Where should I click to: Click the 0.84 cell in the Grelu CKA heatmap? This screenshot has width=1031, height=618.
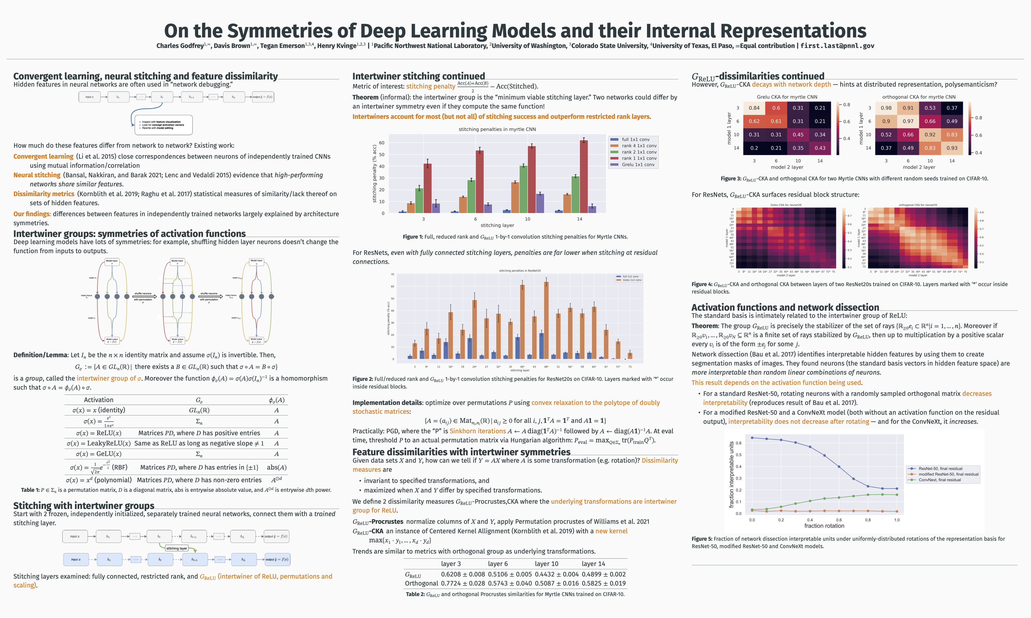click(754, 108)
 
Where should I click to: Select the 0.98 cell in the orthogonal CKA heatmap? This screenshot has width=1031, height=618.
click(886, 108)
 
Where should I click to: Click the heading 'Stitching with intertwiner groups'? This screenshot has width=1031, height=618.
click(84, 506)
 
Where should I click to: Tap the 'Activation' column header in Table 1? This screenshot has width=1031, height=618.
click(99, 400)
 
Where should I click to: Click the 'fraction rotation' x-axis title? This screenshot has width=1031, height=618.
click(824, 526)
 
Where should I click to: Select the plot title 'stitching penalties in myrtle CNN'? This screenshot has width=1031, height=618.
click(497, 129)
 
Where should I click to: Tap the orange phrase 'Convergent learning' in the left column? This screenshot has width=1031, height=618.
click(43, 157)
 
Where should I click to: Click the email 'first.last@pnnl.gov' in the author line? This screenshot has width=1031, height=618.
click(837, 46)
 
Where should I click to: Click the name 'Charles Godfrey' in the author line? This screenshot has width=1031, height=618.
click(180, 46)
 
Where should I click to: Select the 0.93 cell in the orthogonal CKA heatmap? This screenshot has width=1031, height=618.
click(952, 148)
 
